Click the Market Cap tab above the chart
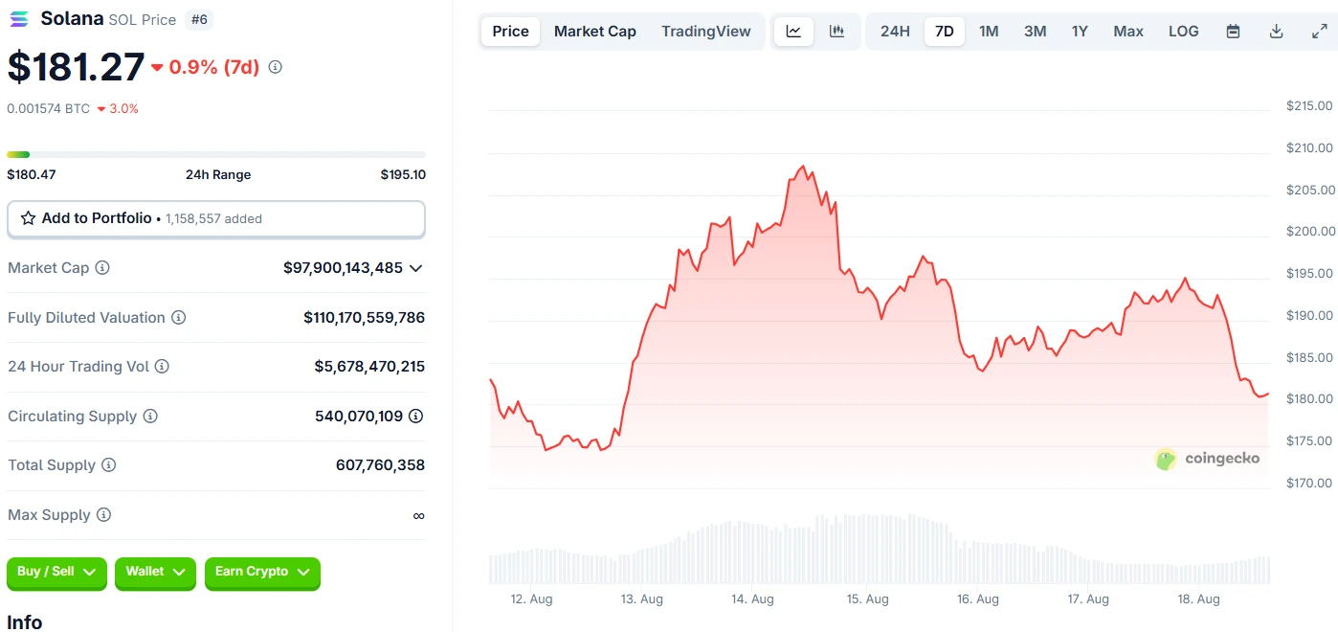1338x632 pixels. tap(594, 32)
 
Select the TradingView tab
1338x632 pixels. tap(705, 32)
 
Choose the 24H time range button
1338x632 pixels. tap(895, 32)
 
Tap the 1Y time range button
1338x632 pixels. tap(1080, 32)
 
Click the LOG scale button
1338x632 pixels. tap(1183, 32)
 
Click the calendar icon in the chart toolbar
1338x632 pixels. tap(1234, 32)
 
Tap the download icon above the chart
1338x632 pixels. tap(1276, 32)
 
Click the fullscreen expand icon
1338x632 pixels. tap(1319, 32)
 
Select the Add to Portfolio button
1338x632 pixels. tap(215, 218)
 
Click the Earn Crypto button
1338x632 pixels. tap(261, 572)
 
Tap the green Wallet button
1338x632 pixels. tap(155, 572)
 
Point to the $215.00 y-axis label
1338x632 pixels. tap(1309, 105)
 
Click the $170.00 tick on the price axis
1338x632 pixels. tap(1309, 483)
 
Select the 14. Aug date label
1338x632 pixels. tap(752, 599)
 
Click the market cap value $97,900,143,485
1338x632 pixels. tap(343, 268)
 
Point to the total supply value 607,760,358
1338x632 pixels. tap(380, 465)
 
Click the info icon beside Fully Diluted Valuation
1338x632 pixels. tap(178, 318)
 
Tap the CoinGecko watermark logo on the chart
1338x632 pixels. tap(1165, 459)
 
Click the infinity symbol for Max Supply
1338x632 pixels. tap(418, 515)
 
